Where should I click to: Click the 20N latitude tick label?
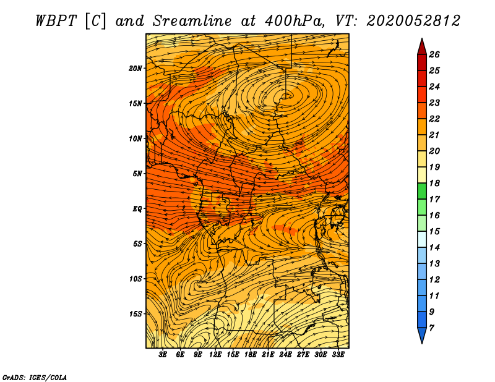(136, 69)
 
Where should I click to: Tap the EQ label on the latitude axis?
(137, 209)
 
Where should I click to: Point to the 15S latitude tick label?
(136, 314)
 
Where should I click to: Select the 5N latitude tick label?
(137, 174)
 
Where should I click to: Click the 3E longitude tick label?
(163, 355)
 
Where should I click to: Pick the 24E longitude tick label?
(285, 355)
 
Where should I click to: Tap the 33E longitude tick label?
(338, 355)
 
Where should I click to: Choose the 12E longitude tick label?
(215, 355)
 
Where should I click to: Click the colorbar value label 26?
(434, 54)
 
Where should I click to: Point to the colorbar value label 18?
(434, 183)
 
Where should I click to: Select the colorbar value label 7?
(431, 328)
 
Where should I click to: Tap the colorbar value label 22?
(434, 119)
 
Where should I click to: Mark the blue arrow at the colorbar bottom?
(422, 334)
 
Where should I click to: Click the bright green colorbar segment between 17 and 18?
(422, 191)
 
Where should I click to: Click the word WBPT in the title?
(56, 21)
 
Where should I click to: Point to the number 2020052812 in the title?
(413, 21)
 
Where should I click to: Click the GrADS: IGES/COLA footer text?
(35, 378)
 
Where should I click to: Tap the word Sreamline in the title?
(192, 21)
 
